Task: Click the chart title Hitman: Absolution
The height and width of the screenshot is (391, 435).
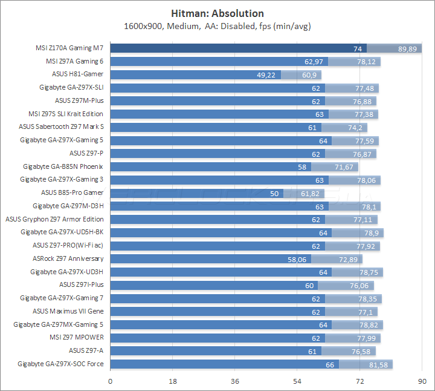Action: (217, 13)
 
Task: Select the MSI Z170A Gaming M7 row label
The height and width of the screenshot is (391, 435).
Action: (69, 48)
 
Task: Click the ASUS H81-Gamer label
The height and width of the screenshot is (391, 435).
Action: (78, 74)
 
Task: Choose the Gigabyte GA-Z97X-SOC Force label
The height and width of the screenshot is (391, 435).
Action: (60, 364)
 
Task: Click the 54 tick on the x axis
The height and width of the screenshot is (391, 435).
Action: (297, 381)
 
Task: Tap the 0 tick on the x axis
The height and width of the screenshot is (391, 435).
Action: (110, 381)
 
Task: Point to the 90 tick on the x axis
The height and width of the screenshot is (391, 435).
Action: (422, 381)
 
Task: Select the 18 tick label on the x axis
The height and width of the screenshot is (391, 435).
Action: (172, 381)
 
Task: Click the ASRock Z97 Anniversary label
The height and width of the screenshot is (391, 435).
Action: (68, 258)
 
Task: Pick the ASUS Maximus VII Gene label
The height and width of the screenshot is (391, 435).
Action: (68, 311)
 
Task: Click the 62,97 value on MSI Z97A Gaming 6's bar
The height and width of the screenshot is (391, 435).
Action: (314, 61)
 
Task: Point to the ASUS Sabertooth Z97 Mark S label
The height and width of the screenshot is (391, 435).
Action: (62, 127)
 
